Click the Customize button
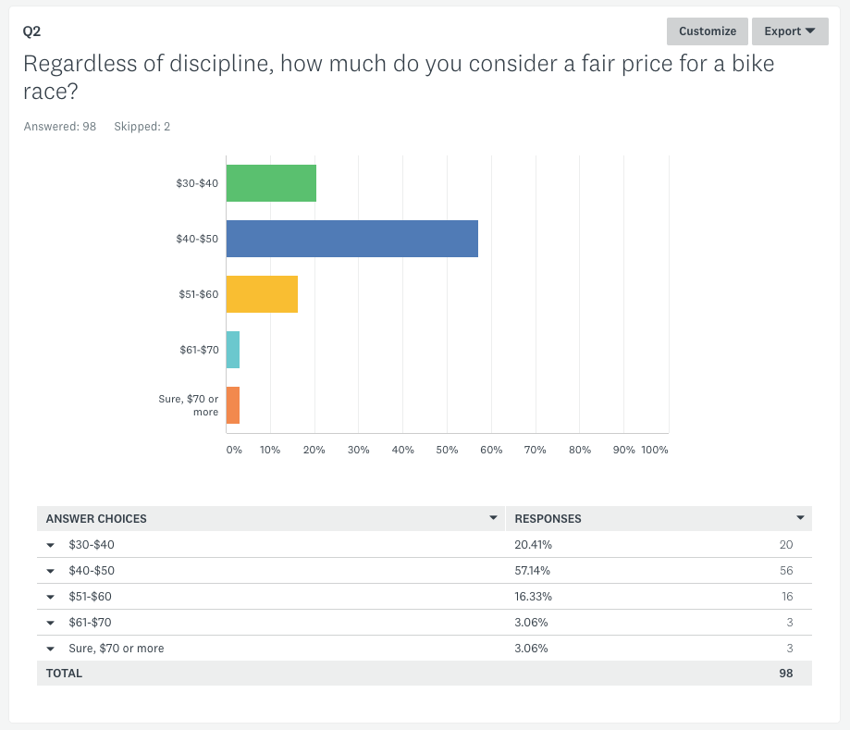click(x=707, y=31)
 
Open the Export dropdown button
click(x=789, y=31)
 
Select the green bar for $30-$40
click(x=271, y=183)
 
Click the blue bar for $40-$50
click(x=351, y=239)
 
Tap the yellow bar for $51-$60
click(x=262, y=294)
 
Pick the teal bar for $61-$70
click(x=233, y=350)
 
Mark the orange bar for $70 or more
click(x=233, y=405)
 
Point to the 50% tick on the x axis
click(x=447, y=450)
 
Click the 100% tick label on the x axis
click(x=655, y=450)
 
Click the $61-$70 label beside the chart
click(x=199, y=350)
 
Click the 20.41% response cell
click(x=533, y=545)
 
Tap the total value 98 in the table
click(x=785, y=674)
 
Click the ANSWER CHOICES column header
click(x=96, y=519)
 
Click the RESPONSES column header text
click(x=548, y=519)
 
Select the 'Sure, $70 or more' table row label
click(x=117, y=649)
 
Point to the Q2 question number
click(x=31, y=31)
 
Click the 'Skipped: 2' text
click(x=142, y=127)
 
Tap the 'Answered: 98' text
click(x=60, y=127)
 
